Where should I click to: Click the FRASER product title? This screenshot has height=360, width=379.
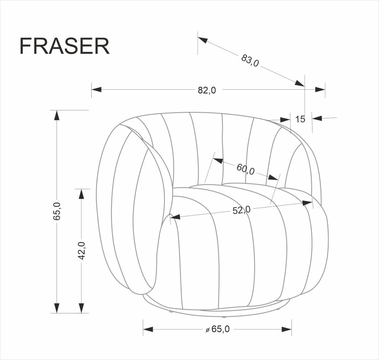pos(64,46)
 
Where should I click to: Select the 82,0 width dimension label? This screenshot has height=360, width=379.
pos(207,90)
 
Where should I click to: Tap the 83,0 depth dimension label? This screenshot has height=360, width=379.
pos(250,60)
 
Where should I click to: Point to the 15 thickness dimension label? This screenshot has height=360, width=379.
pos(300,119)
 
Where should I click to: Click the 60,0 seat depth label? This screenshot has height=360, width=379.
pos(246,168)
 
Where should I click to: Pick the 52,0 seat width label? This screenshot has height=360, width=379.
pos(241,210)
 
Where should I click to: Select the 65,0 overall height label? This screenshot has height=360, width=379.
pos(57,211)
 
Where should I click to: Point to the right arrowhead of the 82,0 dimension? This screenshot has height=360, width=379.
pos(320,90)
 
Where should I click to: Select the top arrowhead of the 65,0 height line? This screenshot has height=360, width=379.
pos(57,115)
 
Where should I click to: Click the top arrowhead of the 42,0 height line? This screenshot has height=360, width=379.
pos(81,193)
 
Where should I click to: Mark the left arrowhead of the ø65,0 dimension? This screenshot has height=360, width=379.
pos(148,329)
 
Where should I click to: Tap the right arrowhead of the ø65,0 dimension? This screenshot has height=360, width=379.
pos(287,329)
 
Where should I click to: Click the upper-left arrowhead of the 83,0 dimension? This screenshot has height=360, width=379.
pos(202,40)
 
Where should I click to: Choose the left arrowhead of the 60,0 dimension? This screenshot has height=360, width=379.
pos(218,161)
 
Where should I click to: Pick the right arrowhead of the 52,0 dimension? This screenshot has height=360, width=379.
pos(307,203)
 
